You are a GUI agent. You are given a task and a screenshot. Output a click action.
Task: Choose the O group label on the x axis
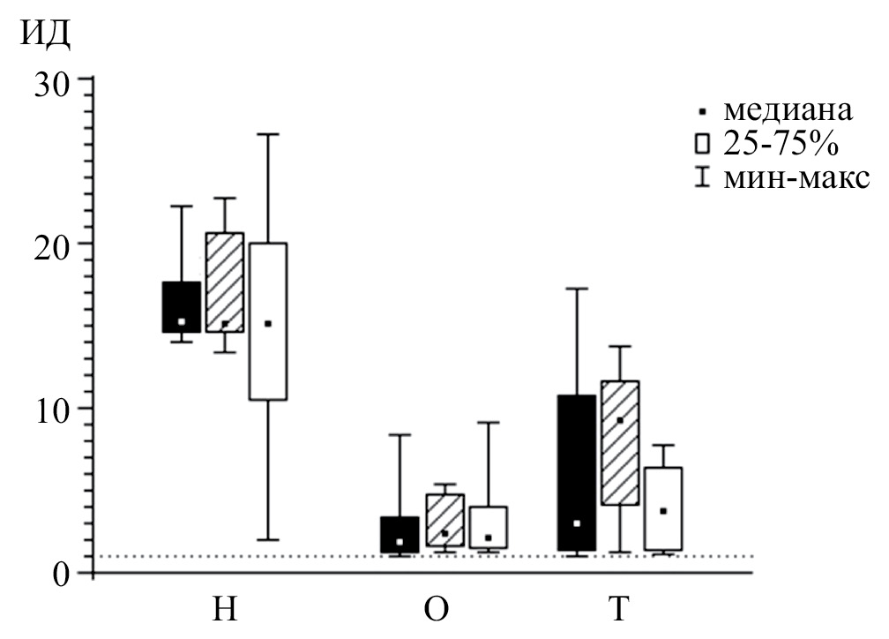(x=438, y=611)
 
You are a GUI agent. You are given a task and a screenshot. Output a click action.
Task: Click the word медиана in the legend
(x=788, y=111)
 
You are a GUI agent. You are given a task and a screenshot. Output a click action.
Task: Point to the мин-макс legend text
(x=795, y=178)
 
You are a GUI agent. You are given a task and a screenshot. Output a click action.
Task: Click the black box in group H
(x=181, y=306)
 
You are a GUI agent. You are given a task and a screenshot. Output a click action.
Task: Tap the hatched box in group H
(x=224, y=282)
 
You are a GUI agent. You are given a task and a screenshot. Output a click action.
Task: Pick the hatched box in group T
(x=619, y=442)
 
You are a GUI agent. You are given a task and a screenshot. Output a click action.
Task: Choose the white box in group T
(x=662, y=508)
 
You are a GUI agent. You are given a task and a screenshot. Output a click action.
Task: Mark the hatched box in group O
(x=444, y=520)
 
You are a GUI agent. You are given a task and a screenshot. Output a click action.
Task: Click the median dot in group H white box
(x=268, y=324)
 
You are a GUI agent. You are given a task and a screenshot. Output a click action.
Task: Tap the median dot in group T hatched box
(x=620, y=420)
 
